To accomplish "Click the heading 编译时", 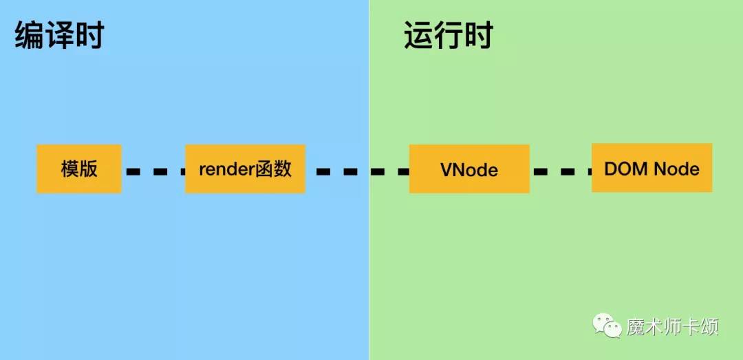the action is pos(59,36).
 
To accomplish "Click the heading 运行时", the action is pos(449,36).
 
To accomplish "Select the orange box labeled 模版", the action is pos(79,169).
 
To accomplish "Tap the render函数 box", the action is pos(245,169).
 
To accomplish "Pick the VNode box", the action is pos(469,169).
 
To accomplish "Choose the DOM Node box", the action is pos(652,168).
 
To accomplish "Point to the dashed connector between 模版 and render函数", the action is pos(153,171).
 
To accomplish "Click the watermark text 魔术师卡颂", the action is pos(672,327).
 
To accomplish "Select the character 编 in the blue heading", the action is pos(29,36).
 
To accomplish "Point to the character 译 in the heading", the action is pos(59,36).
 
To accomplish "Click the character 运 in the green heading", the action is pos(418,36).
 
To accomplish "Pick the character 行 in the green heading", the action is pos(449,36).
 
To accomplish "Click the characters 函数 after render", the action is pos(273,169).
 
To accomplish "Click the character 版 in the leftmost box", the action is pos(89,169).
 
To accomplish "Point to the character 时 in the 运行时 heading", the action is pos(479,36).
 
